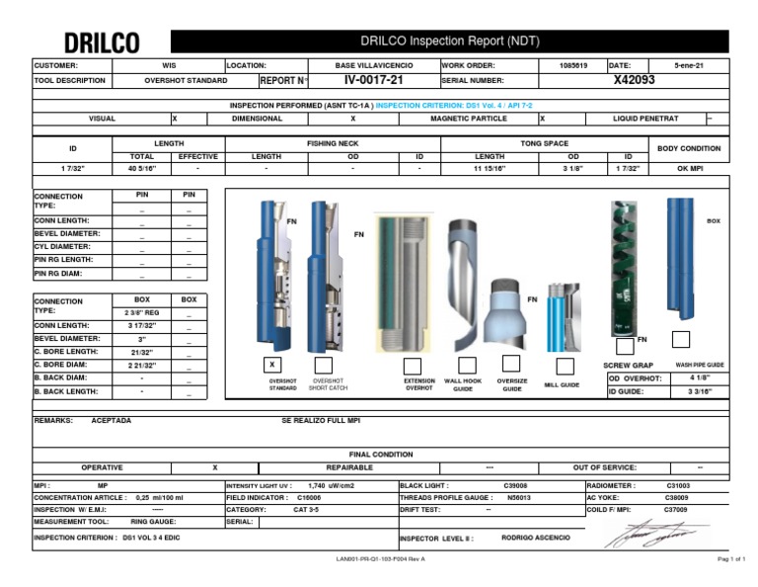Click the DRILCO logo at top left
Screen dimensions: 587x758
102,42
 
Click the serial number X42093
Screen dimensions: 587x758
634,80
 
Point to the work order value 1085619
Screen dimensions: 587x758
572,64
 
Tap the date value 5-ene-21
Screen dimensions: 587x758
688,64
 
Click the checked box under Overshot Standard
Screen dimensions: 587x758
273,365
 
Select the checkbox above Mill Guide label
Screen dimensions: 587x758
565,367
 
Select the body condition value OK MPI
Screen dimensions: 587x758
689,169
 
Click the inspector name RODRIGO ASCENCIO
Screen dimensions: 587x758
537,539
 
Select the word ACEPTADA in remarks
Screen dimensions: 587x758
111,420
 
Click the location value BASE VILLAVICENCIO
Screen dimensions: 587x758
364,64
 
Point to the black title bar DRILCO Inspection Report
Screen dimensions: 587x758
449,42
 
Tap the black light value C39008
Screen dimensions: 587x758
515,486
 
